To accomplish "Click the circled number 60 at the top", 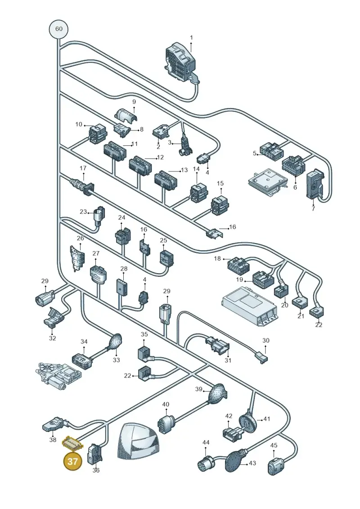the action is coord(59,29).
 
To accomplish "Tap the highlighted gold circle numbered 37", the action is coord(73,461).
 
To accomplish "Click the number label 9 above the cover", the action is coord(134,102).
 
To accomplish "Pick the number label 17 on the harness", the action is coord(83,168).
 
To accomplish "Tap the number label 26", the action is coord(81,238).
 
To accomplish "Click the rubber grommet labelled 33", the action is coord(116,341).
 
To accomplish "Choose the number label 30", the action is coord(265,341).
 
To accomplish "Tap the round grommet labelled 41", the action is coord(249,422).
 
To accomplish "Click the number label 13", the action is coord(184,170).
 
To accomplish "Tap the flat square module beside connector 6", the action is coord(268,182).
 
